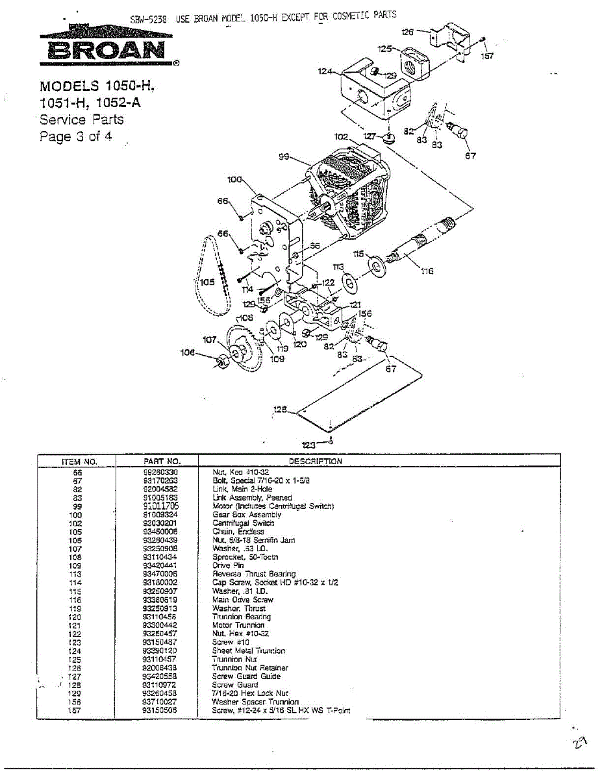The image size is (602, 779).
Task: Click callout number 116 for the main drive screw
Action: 427,271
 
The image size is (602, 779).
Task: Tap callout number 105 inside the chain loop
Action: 208,282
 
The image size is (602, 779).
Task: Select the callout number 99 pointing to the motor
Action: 283,156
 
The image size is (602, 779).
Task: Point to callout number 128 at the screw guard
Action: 280,410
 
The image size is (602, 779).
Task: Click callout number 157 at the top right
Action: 486,56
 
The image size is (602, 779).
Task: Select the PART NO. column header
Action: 157,461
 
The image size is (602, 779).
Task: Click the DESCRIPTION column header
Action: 315,461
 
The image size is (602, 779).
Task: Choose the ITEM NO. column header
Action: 79,461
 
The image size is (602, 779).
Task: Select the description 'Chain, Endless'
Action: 238,531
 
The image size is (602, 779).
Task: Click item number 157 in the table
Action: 77,710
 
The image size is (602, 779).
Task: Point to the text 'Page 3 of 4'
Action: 75,137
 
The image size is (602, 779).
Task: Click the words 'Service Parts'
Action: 81,119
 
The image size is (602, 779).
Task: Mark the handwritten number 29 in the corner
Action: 581,741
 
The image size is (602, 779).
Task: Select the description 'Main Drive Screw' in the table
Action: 242,600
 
